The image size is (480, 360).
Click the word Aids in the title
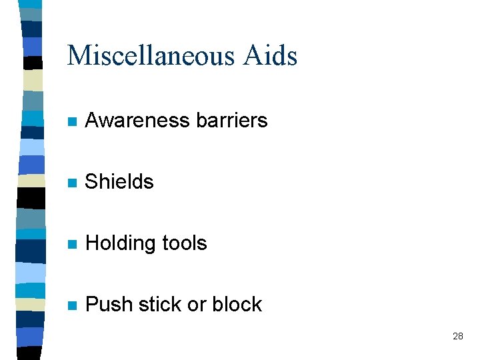click(x=270, y=55)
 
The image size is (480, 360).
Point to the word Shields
click(x=119, y=181)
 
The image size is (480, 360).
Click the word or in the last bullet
click(x=197, y=305)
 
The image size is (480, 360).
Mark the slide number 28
click(x=457, y=336)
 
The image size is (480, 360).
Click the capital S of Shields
click(x=92, y=181)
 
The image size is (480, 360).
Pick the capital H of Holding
click(x=93, y=243)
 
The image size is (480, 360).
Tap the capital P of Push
click(x=92, y=305)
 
